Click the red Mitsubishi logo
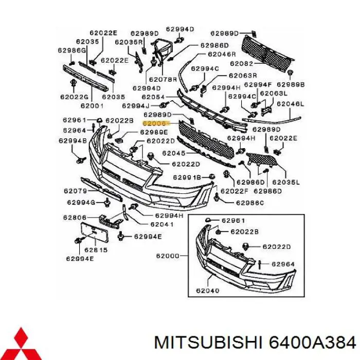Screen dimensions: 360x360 [x=21, y=343]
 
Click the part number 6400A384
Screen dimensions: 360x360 [x=313, y=343]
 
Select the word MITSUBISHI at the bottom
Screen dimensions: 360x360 [x=208, y=343]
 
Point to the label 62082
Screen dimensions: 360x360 [x=241, y=64]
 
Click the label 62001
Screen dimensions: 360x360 [x=92, y=106]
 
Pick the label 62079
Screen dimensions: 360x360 [x=75, y=191]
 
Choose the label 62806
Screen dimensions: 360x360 [x=75, y=218]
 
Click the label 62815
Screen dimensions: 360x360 [x=96, y=250]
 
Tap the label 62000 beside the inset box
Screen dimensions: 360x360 [x=168, y=256]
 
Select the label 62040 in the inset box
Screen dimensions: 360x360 [x=208, y=291]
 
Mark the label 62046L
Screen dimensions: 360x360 [x=290, y=104]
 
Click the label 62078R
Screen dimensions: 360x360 [x=163, y=80]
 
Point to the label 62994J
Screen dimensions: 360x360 [x=136, y=106]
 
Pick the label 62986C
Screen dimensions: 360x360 [x=250, y=203]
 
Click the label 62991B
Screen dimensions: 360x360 [x=187, y=177]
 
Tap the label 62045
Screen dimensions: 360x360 [x=174, y=153]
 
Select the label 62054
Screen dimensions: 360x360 [x=153, y=97]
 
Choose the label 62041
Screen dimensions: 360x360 [x=162, y=224]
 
